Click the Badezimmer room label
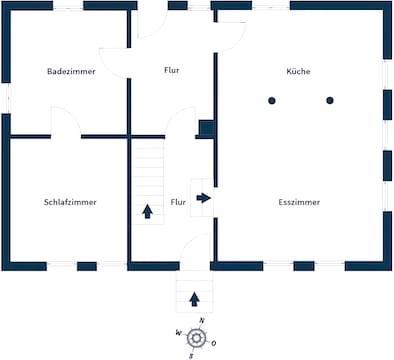[71, 71]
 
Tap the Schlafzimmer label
[70, 202]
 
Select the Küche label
[298, 71]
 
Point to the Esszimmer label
[299, 202]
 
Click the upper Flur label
[172, 70]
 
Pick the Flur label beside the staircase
[178, 202]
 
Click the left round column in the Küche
[272, 100]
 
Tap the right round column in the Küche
[330, 100]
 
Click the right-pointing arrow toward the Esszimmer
[203, 198]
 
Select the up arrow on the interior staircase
[147, 212]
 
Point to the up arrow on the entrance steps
[194, 299]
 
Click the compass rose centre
[196, 338]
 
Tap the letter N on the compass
[202, 321]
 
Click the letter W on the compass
[179, 333]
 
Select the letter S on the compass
[191, 356]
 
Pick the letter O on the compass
[213, 343]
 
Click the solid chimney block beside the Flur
[207, 128]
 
